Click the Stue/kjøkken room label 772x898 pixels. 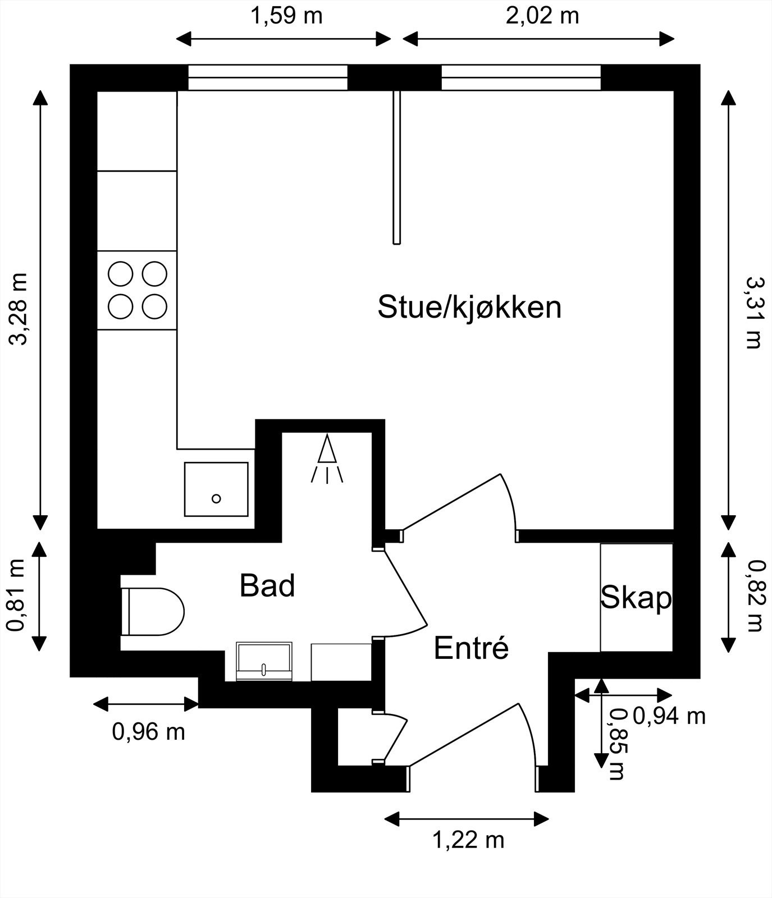click(469, 307)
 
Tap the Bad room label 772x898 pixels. click(267, 586)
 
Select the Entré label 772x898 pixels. click(471, 648)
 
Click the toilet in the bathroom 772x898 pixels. click(153, 612)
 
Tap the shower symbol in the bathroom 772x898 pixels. click(327, 459)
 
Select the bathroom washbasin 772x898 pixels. click(264, 662)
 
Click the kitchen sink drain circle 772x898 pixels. click(216, 498)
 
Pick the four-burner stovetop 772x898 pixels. click(138, 290)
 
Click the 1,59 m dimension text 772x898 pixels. click(286, 16)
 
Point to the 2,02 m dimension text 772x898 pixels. click(542, 16)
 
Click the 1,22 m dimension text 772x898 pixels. click(468, 840)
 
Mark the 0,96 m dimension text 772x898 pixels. click(149, 732)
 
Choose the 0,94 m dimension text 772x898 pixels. click(669, 716)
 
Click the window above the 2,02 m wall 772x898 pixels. click(521, 77)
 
